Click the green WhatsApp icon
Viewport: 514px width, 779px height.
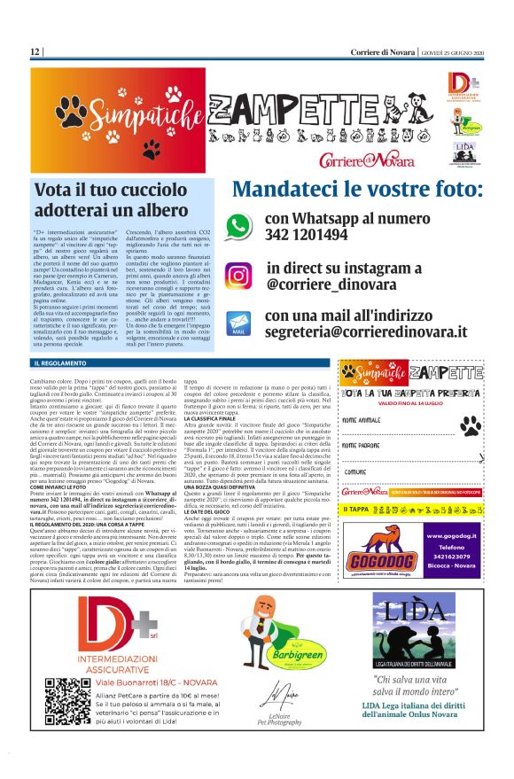coord(238,225)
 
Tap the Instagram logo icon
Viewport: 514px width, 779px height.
coord(238,276)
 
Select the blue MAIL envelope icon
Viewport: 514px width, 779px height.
coord(238,322)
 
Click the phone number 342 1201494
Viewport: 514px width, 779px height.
coord(306,235)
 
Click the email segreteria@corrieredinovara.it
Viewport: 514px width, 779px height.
coord(367,331)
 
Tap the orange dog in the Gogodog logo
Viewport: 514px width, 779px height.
coord(376,543)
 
